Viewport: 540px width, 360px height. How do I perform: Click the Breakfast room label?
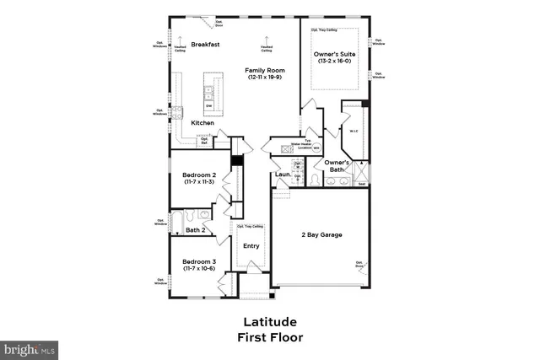pyautogui.click(x=205, y=44)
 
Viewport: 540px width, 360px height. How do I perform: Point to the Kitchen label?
pyautogui.click(x=202, y=123)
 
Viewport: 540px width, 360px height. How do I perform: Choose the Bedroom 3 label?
pyautogui.click(x=199, y=262)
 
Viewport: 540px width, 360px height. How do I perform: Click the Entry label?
pyautogui.click(x=251, y=246)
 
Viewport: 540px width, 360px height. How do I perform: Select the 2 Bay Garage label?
pyautogui.click(x=322, y=234)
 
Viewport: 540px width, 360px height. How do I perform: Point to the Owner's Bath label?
pyautogui.click(x=337, y=166)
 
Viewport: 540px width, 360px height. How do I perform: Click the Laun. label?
pyautogui.click(x=283, y=175)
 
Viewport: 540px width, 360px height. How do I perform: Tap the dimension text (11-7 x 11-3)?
pyautogui.click(x=199, y=181)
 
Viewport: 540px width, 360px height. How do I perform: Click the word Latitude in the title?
pyautogui.click(x=269, y=323)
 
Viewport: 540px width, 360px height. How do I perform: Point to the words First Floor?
pyautogui.click(x=269, y=338)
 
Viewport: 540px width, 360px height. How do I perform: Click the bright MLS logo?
pyautogui.click(x=30, y=348)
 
